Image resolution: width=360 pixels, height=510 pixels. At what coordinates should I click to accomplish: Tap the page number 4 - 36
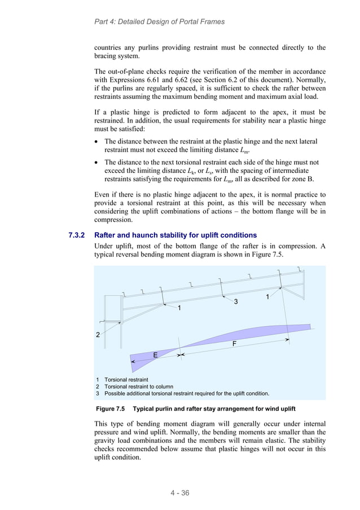[180, 493]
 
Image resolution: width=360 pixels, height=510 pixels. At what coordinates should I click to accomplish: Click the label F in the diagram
[234, 343]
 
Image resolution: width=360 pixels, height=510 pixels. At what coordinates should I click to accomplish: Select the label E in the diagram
[155, 354]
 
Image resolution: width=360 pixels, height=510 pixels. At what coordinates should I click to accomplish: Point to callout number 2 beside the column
[98, 335]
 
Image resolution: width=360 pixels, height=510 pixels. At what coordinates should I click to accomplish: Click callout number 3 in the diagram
[236, 302]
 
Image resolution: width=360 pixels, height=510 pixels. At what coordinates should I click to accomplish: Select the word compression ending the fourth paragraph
[115, 220]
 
